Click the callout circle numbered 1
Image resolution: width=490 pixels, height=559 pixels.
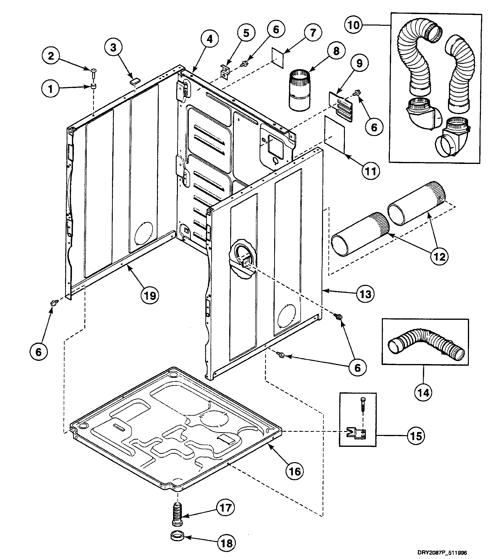[x=51, y=89]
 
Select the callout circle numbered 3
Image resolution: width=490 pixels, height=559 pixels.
[x=113, y=48]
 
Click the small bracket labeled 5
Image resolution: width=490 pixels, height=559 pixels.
[x=225, y=72]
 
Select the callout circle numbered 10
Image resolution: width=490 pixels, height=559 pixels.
[x=353, y=25]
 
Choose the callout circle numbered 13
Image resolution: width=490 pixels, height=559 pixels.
[x=366, y=294]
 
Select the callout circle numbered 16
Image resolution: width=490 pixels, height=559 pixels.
[x=295, y=471]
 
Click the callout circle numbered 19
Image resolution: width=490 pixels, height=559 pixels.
[x=150, y=296]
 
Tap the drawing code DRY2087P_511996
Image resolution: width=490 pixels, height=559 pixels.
[x=442, y=552]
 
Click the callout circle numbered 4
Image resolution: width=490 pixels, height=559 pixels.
[x=209, y=39]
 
